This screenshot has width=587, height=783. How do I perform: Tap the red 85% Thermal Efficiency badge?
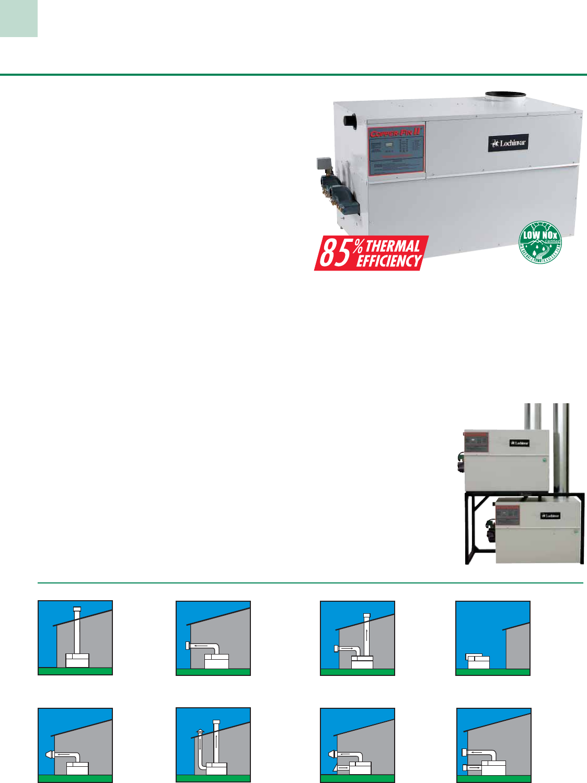coord(371,253)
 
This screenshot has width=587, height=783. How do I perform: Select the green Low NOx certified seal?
coord(540,242)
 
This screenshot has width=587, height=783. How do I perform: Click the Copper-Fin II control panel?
coord(396,150)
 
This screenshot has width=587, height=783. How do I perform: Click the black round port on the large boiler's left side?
coord(350,122)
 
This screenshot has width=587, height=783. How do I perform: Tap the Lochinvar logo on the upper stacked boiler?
coord(520,443)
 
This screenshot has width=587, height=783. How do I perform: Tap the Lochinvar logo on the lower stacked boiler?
coord(550,516)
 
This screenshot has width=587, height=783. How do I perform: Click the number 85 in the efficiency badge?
coord(335,253)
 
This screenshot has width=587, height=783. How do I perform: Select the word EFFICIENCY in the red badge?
coord(389,261)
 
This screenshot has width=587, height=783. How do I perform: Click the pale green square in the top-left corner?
coord(19,18)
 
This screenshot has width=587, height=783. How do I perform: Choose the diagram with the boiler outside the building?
coord(493,638)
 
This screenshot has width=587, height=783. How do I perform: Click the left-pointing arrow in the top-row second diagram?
coord(199,646)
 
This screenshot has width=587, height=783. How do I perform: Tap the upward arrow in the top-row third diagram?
coord(367,637)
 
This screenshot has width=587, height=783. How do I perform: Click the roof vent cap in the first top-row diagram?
coord(77,610)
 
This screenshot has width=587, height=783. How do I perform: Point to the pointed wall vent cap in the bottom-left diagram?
coord(49,754)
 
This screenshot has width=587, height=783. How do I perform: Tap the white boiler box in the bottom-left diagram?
coord(77,768)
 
